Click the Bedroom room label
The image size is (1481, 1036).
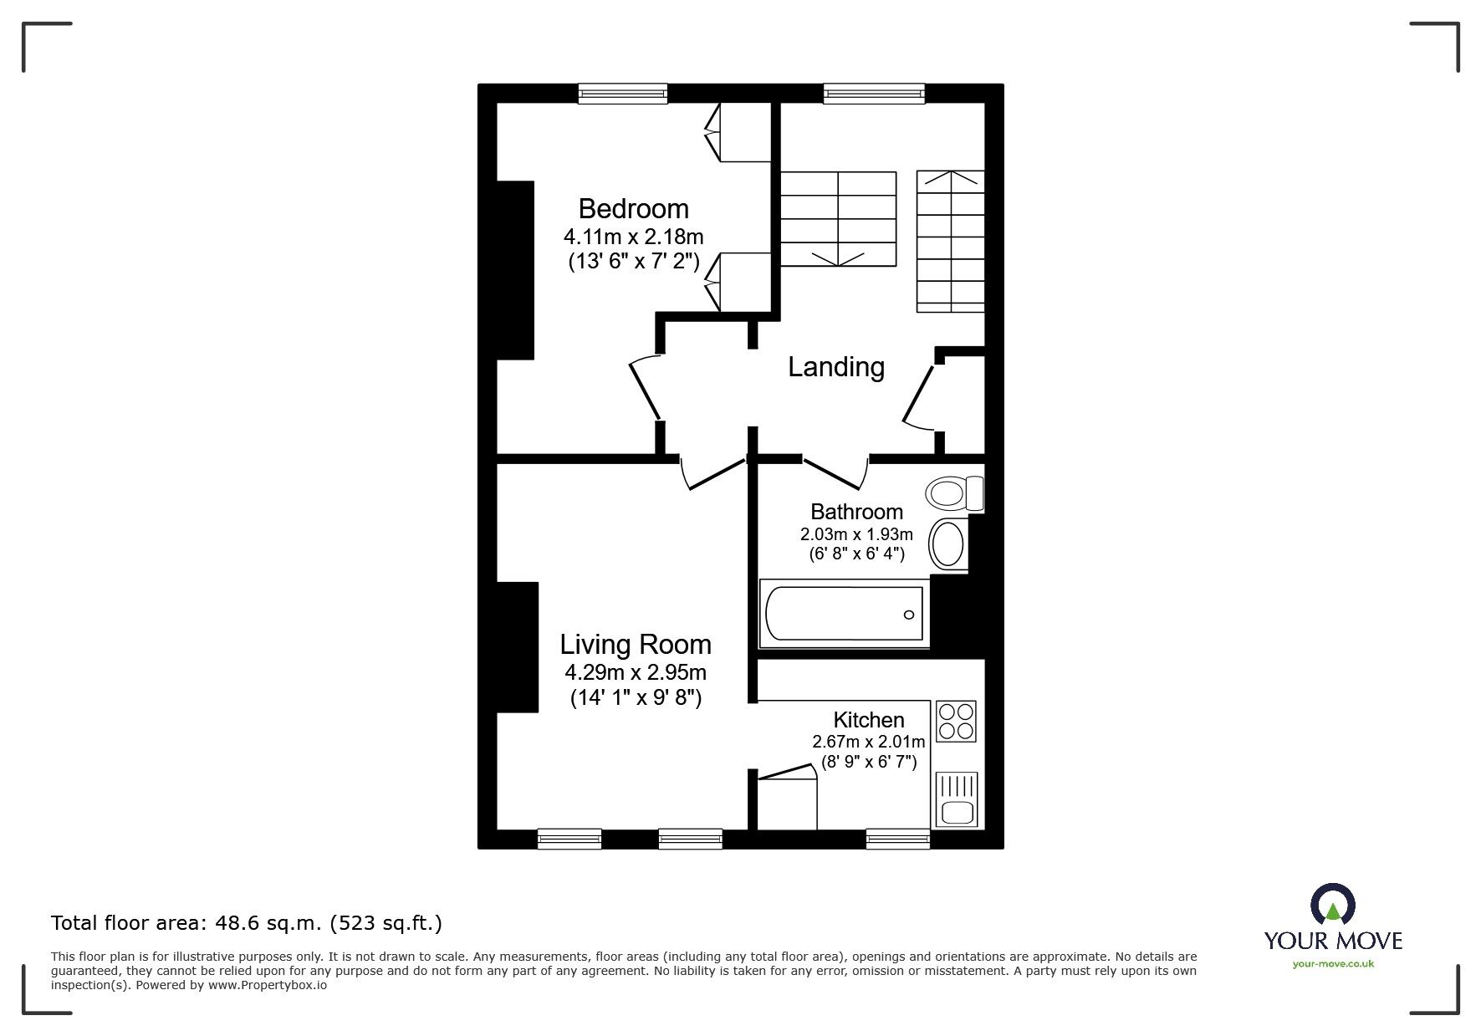[x=633, y=208]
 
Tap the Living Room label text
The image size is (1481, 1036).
[x=635, y=644]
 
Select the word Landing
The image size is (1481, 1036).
[x=835, y=366]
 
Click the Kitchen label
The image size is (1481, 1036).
[x=868, y=719]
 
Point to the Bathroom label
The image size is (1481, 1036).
[x=856, y=511]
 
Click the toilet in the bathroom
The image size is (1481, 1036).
[x=954, y=492]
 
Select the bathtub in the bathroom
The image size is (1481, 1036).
[x=844, y=615]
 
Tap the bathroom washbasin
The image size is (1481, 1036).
[x=947, y=544]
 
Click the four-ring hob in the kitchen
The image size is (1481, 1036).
[x=956, y=721]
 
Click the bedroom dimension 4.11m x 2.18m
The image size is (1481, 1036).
[x=633, y=237]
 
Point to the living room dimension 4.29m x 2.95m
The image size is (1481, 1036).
[x=635, y=671]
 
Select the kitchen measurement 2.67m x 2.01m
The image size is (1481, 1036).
[x=868, y=742]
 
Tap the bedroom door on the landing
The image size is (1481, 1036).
[x=645, y=389]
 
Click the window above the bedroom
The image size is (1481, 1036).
[x=623, y=93]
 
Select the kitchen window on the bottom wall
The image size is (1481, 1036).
[x=897, y=838]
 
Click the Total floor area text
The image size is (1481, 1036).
[x=246, y=923]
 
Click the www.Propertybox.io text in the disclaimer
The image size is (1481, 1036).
[x=267, y=985]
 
